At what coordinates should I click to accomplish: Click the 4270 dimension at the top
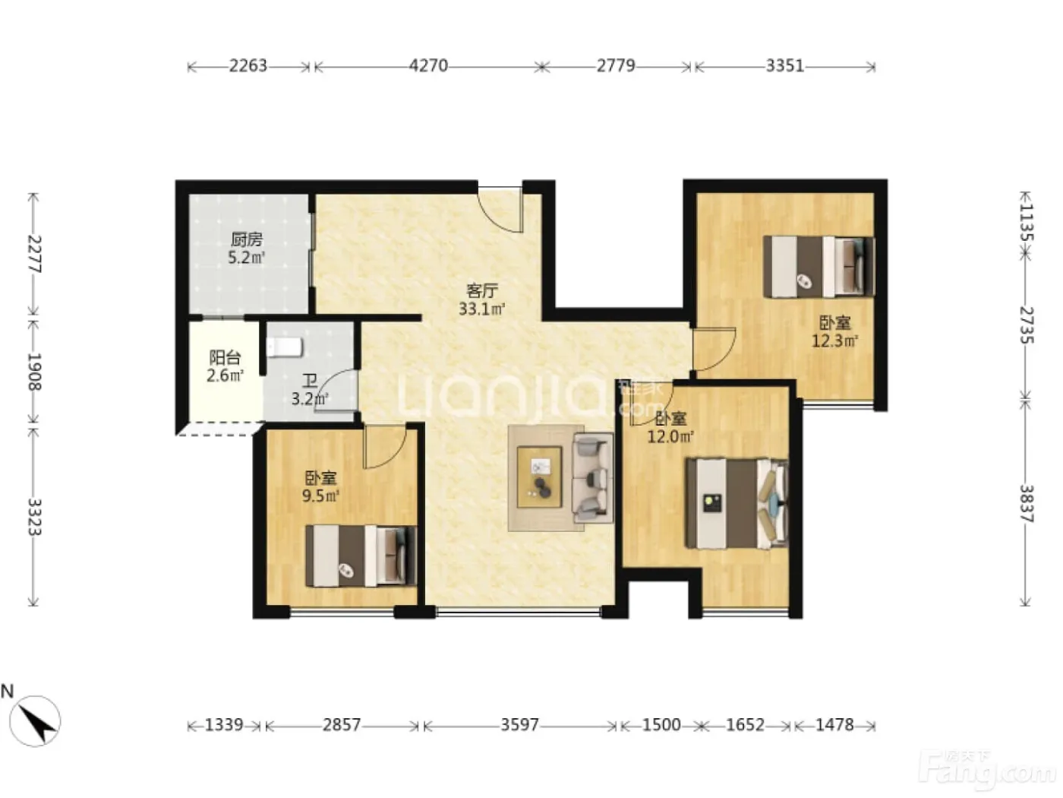coord(428,65)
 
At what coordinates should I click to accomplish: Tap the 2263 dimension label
coord(248,65)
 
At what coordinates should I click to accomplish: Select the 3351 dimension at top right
coord(784,65)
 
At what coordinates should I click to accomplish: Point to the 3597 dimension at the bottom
coord(519,725)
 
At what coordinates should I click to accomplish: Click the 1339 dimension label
coord(224,725)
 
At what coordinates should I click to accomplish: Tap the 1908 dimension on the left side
coord(34,372)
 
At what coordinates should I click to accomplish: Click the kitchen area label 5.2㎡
coord(247,258)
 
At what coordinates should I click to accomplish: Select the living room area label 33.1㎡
coord(482,309)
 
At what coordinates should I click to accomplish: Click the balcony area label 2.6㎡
coord(225,375)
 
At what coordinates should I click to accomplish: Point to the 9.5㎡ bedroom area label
coord(320,496)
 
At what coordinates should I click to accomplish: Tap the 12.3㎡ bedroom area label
coord(834,341)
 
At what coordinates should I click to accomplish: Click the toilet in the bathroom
coord(285,347)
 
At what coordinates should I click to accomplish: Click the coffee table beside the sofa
coord(539,477)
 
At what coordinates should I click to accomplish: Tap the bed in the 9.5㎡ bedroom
coord(361,556)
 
